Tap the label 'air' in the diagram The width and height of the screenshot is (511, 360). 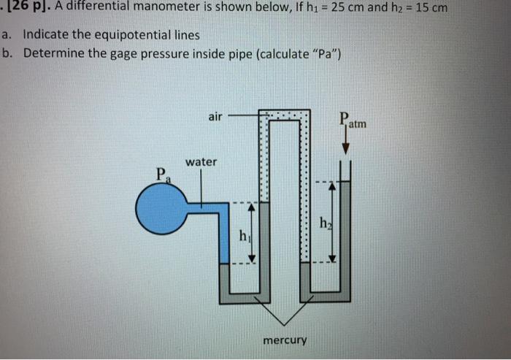(x=215, y=115)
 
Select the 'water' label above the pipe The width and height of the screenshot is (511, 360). (x=201, y=161)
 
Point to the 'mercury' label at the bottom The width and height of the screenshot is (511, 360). (x=287, y=340)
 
